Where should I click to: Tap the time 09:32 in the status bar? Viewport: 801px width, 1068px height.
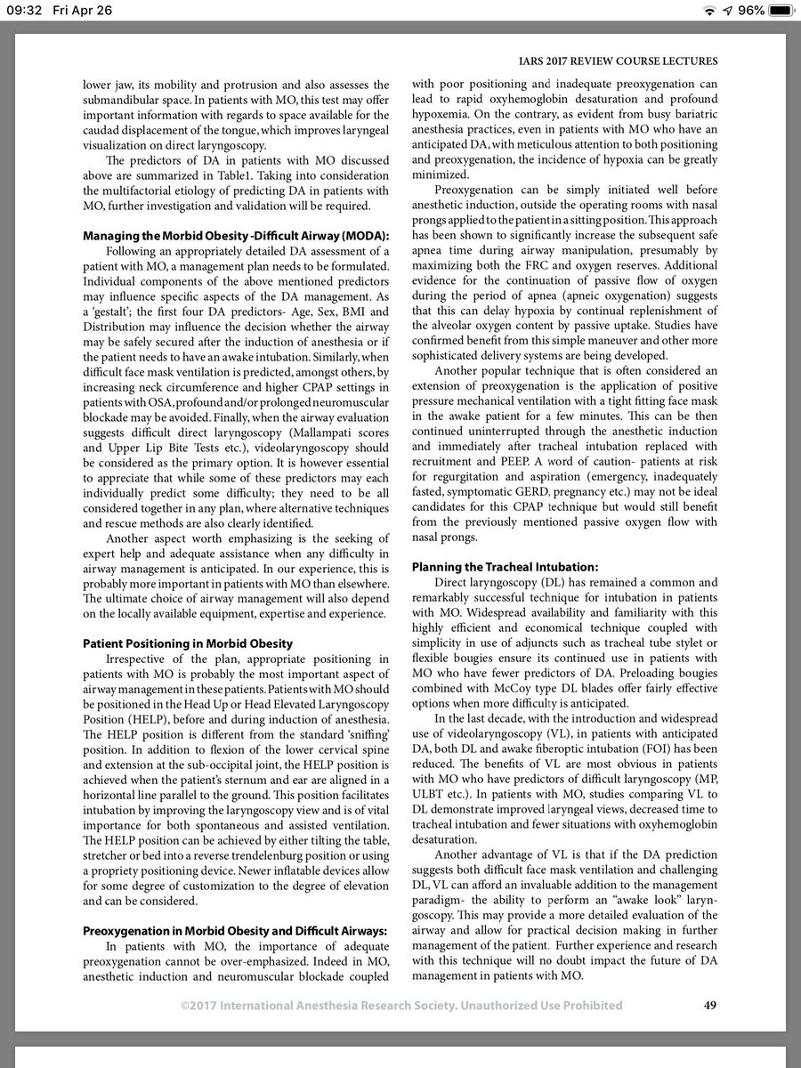point(26,12)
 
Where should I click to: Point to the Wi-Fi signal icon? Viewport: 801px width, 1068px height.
point(708,12)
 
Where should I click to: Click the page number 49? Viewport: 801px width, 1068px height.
point(709,1005)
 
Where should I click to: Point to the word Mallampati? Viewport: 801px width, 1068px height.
point(273,470)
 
